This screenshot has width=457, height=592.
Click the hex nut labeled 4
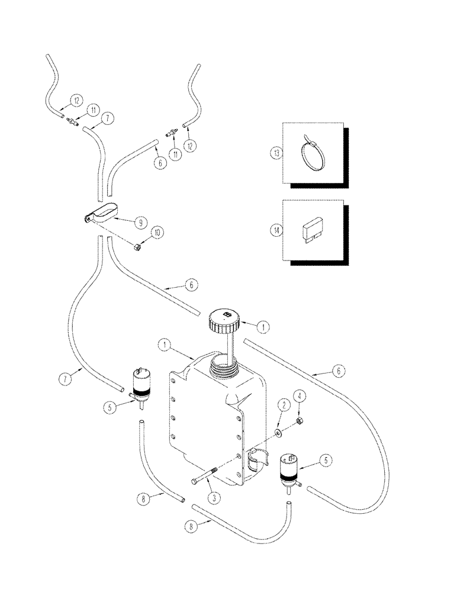[301, 421]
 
